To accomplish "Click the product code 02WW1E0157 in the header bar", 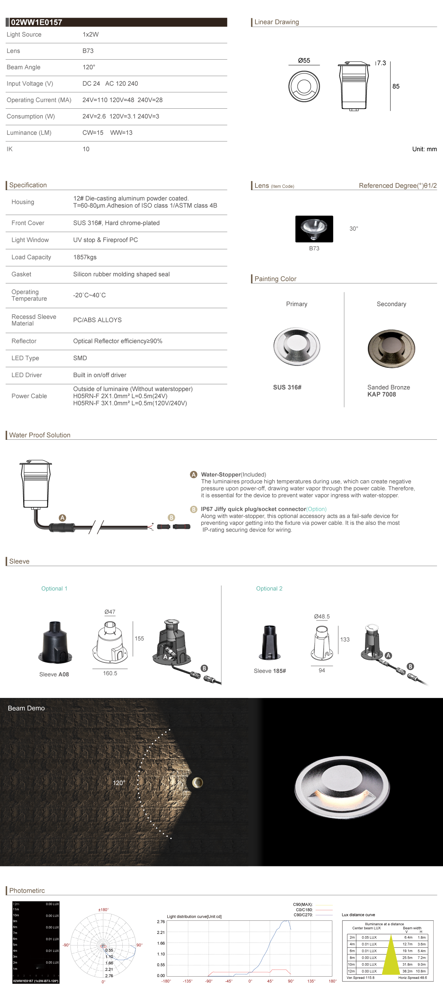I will tap(36, 22).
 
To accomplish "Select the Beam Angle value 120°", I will tap(89, 67).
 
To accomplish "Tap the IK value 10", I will tap(86, 149).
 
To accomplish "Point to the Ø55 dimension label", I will tap(304, 60).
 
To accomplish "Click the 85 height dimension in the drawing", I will tap(396, 86).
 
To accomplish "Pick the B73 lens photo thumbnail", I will tap(314, 229).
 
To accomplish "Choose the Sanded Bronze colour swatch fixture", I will tap(391, 348).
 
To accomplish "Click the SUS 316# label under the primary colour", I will tap(287, 387).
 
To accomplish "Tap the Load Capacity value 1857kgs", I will tap(85, 257).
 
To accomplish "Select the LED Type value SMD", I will tap(80, 358).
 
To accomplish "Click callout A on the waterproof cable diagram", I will tap(62, 518).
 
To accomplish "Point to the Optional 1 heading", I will tap(54, 589).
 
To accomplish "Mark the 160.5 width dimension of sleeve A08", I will tap(110, 673).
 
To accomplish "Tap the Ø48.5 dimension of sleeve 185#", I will tap(322, 616).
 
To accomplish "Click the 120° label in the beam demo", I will tap(119, 783).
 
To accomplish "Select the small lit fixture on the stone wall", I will tap(198, 782).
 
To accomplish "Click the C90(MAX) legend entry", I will tap(303, 905).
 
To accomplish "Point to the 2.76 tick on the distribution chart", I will tap(161, 922).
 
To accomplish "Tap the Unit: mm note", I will tap(424, 149).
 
